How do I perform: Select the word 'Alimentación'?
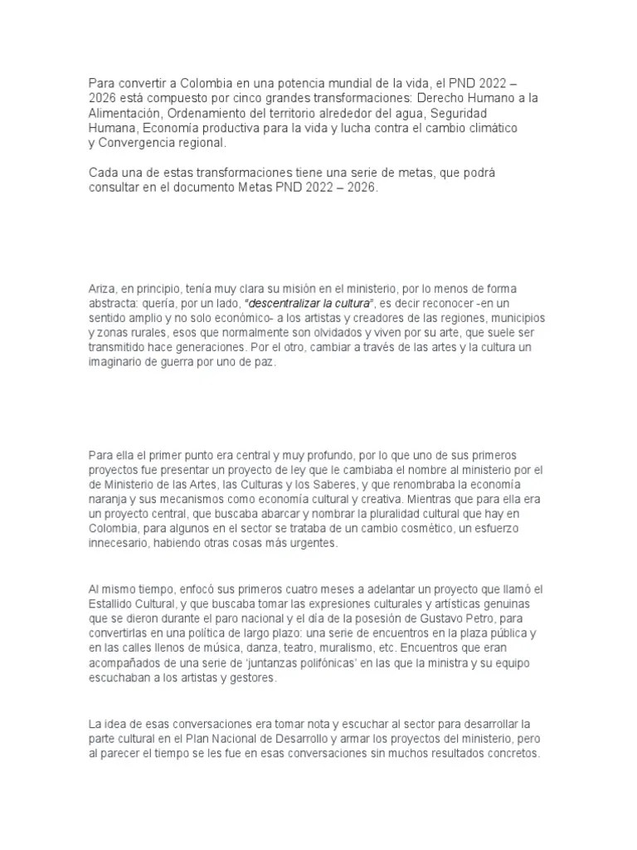pyautogui.click(x=124, y=113)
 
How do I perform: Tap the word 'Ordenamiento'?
pyautogui.click(x=207, y=113)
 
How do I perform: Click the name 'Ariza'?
pyautogui.click(x=102, y=289)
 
